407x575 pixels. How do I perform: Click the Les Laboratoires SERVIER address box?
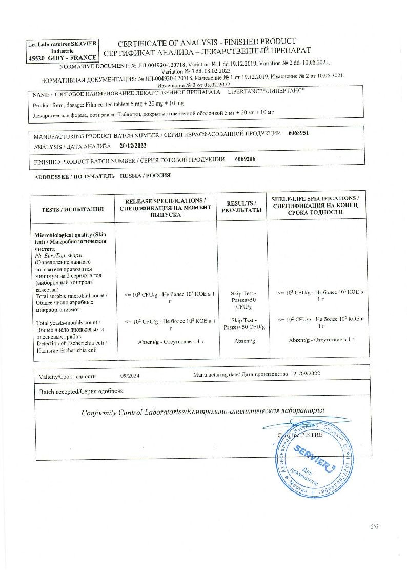coord(63,51)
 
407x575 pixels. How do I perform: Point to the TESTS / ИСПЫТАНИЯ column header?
coord(72,209)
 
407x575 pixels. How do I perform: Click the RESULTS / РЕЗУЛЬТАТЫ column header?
coord(241,207)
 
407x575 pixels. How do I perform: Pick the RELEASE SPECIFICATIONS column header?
coord(166,207)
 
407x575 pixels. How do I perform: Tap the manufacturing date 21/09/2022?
coord(307,374)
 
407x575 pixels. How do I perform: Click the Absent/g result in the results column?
coord(241,341)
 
